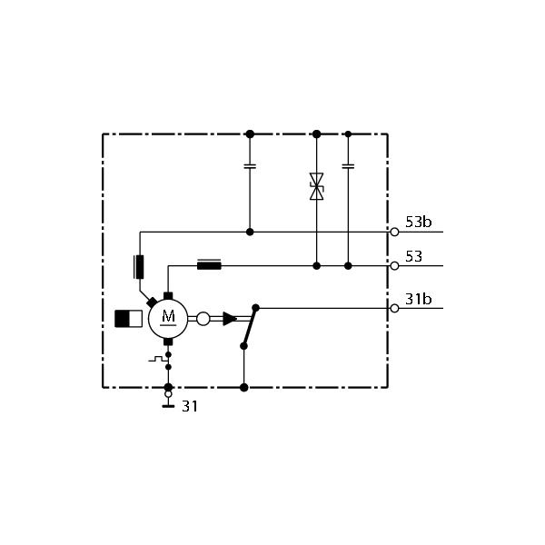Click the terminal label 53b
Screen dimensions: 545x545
(418, 222)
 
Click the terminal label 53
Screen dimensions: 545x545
(413, 256)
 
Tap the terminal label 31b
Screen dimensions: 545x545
(418, 299)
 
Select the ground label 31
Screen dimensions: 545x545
(190, 406)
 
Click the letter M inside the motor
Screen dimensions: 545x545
(168, 316)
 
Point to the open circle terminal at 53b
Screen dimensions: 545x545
(394, 232)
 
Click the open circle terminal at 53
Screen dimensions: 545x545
(394, 266)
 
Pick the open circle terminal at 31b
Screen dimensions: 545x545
(394, 308)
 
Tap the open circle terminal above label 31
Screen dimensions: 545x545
(168, 394)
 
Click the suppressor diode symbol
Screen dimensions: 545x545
(317, 186)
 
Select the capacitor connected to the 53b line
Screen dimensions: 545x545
(250, 166)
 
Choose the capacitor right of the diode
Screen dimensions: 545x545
(348, 166)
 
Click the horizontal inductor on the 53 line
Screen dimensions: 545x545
(209, 265)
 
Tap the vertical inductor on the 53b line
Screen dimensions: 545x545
(139, 267)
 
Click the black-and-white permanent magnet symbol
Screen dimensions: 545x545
(128, 319)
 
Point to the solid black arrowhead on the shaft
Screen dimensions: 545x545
(230, 319)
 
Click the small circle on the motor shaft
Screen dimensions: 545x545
(203, 319)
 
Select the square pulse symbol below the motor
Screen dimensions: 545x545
(157, 359)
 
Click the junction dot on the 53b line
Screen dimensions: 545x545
(250, 232)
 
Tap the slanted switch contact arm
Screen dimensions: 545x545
(250, 327)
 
